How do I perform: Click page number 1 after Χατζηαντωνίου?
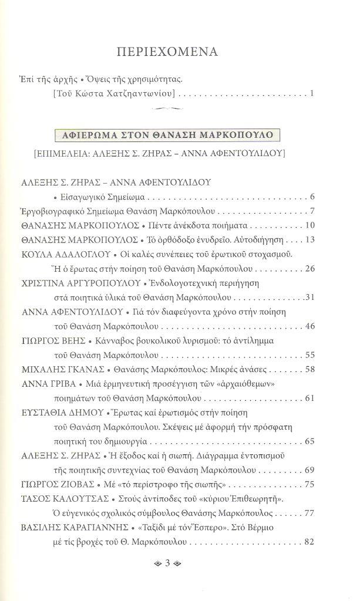314,93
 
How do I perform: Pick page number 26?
311,269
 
